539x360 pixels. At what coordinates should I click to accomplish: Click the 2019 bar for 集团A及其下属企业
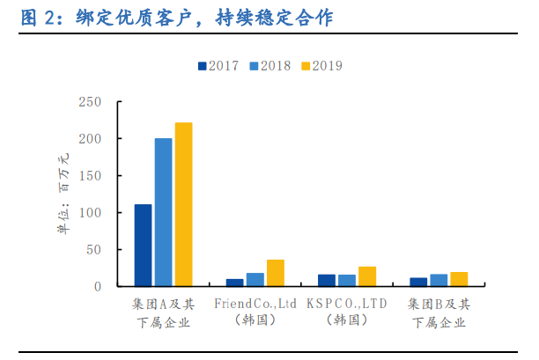[183, 204]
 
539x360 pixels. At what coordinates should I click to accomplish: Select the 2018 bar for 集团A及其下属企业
[163, 212]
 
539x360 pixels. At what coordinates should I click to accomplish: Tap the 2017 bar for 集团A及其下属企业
[143, 246]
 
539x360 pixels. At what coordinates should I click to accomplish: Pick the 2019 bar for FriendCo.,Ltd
[276, 273]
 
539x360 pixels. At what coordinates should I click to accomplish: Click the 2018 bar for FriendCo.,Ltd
[255, 280]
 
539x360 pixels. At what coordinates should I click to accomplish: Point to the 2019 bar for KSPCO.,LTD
[367, 276]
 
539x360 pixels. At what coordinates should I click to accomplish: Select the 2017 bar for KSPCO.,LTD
[327, 281]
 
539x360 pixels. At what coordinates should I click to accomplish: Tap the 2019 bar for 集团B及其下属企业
[459, 279]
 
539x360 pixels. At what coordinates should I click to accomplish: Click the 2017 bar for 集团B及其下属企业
[418, 282]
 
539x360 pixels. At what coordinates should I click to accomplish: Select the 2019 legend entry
[323, 66]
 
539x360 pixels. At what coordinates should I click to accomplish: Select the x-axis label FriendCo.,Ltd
[255, 304]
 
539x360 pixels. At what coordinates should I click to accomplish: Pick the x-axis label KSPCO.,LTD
[347, 304]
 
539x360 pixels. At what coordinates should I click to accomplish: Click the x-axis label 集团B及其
[439, 304]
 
